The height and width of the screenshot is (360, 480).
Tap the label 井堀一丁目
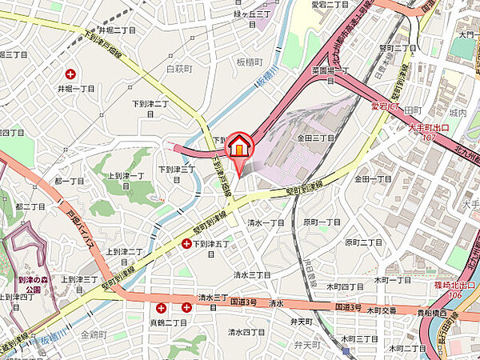coord(76,90)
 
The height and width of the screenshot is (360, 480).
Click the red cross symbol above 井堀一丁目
coord(70,74)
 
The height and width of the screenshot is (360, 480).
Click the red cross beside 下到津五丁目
coord(186,243)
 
